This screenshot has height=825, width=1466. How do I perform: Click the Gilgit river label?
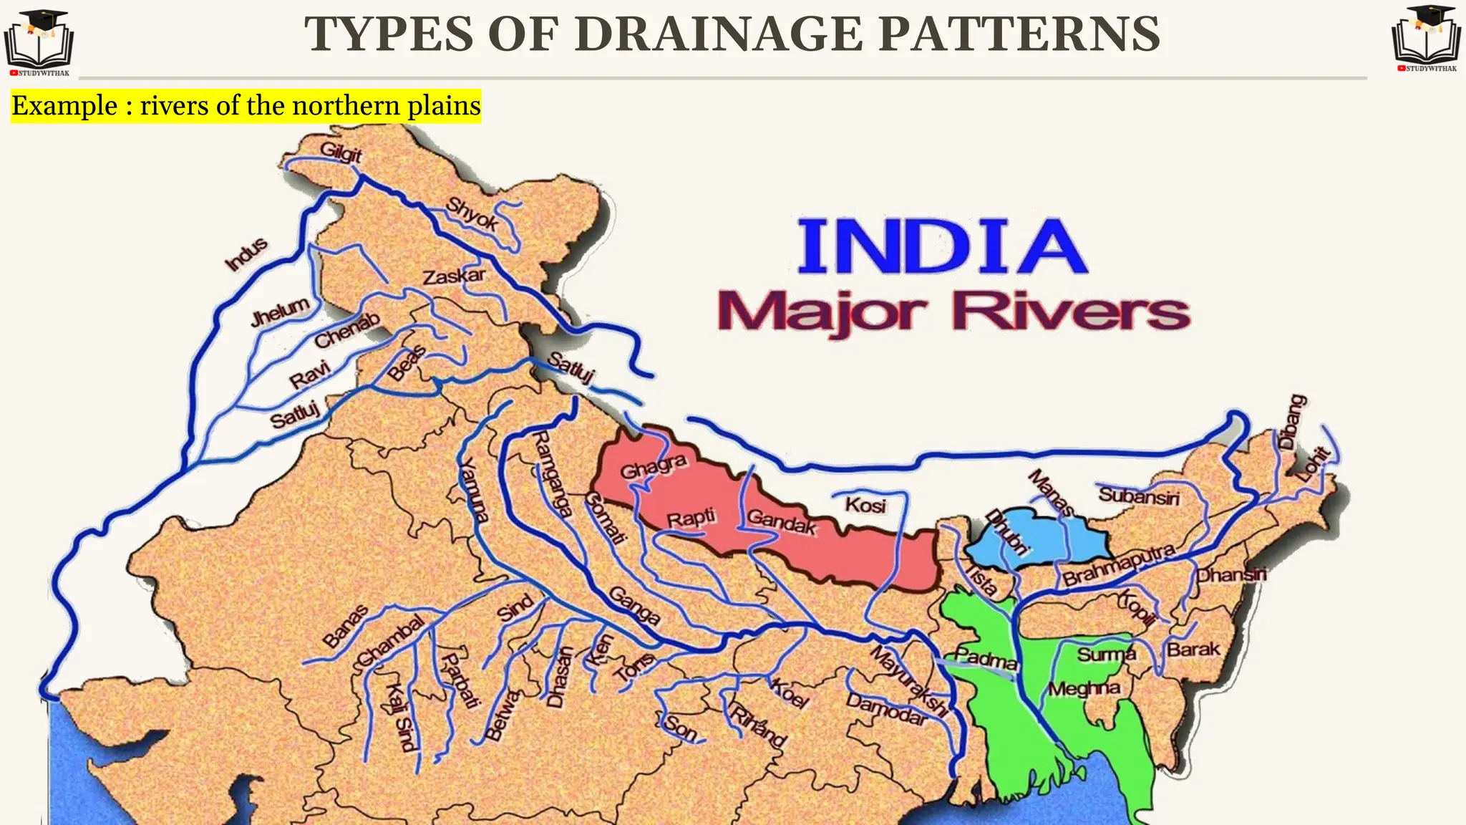point(341,153)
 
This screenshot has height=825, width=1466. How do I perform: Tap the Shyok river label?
point(472,213)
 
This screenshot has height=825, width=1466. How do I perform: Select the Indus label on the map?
point(246,255)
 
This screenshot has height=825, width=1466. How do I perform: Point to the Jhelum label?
point(280,312)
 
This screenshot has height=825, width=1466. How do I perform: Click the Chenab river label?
point(347,330)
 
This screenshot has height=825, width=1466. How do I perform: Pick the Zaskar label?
point(454,276)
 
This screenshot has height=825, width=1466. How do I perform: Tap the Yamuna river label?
point(473,491)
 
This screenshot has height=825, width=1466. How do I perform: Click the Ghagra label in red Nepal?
point(653,466)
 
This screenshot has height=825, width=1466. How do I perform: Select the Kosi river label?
point(865,505)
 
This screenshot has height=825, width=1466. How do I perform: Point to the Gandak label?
point(782,522)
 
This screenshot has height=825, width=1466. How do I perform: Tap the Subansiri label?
point(1139,495)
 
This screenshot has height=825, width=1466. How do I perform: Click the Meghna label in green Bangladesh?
point(1084,689)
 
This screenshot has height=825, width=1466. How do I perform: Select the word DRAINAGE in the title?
point(719,34)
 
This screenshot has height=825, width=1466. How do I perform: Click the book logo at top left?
point(39,41)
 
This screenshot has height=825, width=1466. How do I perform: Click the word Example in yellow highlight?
point(64,106)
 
